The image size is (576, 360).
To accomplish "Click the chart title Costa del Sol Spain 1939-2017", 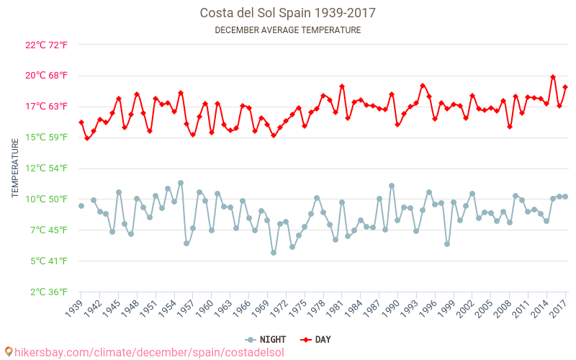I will tap(287, 13).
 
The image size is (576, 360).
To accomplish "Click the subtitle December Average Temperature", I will tap(287, 30).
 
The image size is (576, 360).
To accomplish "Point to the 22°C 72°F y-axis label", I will tap(46, 45).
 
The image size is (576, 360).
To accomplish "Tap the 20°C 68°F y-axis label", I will tap(46, 76).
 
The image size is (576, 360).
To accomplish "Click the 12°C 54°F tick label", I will tap(46, 168).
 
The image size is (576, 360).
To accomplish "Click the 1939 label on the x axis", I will tap(73, 307).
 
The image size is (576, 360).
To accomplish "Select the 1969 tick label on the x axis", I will tap(260, 307).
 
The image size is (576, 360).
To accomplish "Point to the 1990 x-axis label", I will tap(390, 307).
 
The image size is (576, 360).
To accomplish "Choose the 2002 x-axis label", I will tap(465, 307).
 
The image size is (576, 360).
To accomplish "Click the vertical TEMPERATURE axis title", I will tap(15, 168).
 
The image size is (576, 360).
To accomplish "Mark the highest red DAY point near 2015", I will tap(553, 77).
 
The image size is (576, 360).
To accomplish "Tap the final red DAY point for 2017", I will tap(565, 87).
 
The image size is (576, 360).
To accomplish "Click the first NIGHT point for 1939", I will tap(81, 206).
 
